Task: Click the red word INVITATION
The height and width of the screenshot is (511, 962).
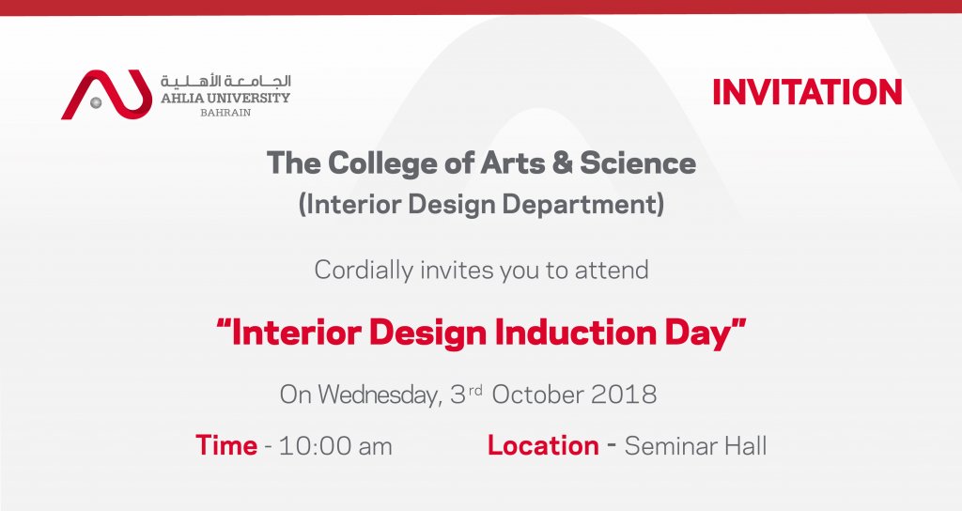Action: (x=807, y=92)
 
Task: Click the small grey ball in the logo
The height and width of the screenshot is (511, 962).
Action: (x=96, y=102)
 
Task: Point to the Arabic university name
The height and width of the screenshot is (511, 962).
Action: (x=225, y=81)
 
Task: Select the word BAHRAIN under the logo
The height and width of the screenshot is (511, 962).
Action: (x=225, y=113)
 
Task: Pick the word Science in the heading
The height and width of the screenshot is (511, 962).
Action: (x=638, y=163)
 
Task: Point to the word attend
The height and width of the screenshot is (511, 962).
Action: (x=611, y=271)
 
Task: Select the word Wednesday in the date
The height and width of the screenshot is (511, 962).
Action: (x=379, y=395)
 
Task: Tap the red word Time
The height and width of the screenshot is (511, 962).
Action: (x=226, y=445)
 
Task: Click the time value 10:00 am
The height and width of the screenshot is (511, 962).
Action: (x=335, y=446)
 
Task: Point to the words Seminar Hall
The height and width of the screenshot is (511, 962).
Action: (x=696, y=446)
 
